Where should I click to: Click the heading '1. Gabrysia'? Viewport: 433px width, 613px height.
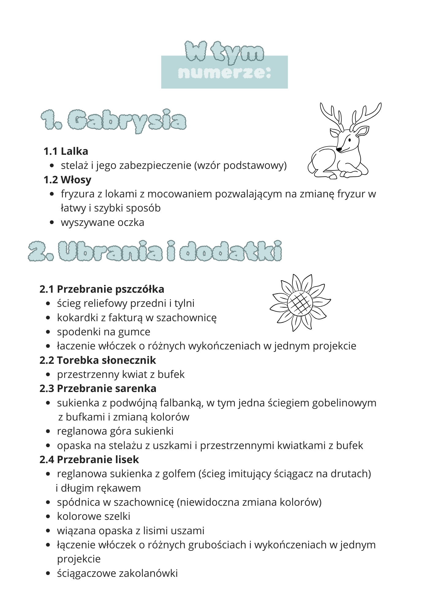pyautogui.click(x=113, y=120)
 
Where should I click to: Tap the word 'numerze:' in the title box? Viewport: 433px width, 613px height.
pyautogui.click(x=224, y=73)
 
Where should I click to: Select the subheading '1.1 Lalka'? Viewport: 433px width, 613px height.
pyautogui.click(x=66, y=151)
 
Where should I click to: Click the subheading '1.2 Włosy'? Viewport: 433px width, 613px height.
pyautogui.click(x=67, y=180)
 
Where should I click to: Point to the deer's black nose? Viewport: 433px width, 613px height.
pyautogui.click(x=339, y=149)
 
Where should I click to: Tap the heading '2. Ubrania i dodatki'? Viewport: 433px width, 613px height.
pyautogui.click(x=155, y=251)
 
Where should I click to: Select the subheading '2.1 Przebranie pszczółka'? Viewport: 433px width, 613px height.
pyautogui.click(x=102, y=289)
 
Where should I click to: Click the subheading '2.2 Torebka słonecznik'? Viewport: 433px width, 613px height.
pyautogui.click(x=98, y=360)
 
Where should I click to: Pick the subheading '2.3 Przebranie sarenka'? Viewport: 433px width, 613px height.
pyautogui.click(x=98, y=388)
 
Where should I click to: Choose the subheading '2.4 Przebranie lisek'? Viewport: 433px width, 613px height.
pyautogui.click(x=89, y=459)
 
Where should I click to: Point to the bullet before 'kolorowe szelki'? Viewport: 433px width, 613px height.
pyautogui.click(x=48, y=516)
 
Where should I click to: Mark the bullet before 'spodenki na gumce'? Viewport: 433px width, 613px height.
pyautogui.click(x=48, y=332)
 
